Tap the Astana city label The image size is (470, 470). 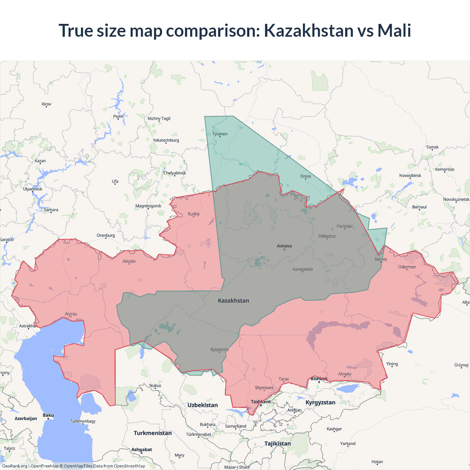pyautogui.click(x=284, y=246)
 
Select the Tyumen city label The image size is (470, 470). pyautogui.click(x=220, y=134)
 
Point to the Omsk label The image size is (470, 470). pyautogui.click(x=305, y=176)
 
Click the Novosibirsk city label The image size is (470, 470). pyautogui.click(x=410, y=176)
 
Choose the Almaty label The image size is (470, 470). pyautogui.click(x=344, y=374)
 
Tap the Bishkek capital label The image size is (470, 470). pyautogui.click(x=319, y=379)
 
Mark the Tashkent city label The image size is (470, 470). pyautogui.click(x=261, y=402)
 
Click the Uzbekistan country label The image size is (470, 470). pyautogui.click(x=202, y=405)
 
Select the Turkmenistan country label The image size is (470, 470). pyautogui.click(x=153, y=433)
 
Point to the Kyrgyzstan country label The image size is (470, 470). pyautogui.click(x=320, y=402)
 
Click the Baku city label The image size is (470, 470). pyautogui.click(x=48, y=415)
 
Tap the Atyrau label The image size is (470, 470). pyautogui.click(x=71, y=314)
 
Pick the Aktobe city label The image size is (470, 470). pyautogui.click(x=129, y=261)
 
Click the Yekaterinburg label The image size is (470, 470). pyautogui.click(x=166, y=140)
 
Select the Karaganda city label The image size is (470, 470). pyautogui.click(x=303, y=269)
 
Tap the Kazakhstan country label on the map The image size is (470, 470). pyautogui.click(x=234, y=300)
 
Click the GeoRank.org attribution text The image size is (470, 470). pyautogui.click(x=15, y=466)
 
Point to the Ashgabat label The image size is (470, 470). pyautogui.click(x=142, y=449)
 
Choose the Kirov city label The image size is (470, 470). pyautogui.click(x=47, y=104)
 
